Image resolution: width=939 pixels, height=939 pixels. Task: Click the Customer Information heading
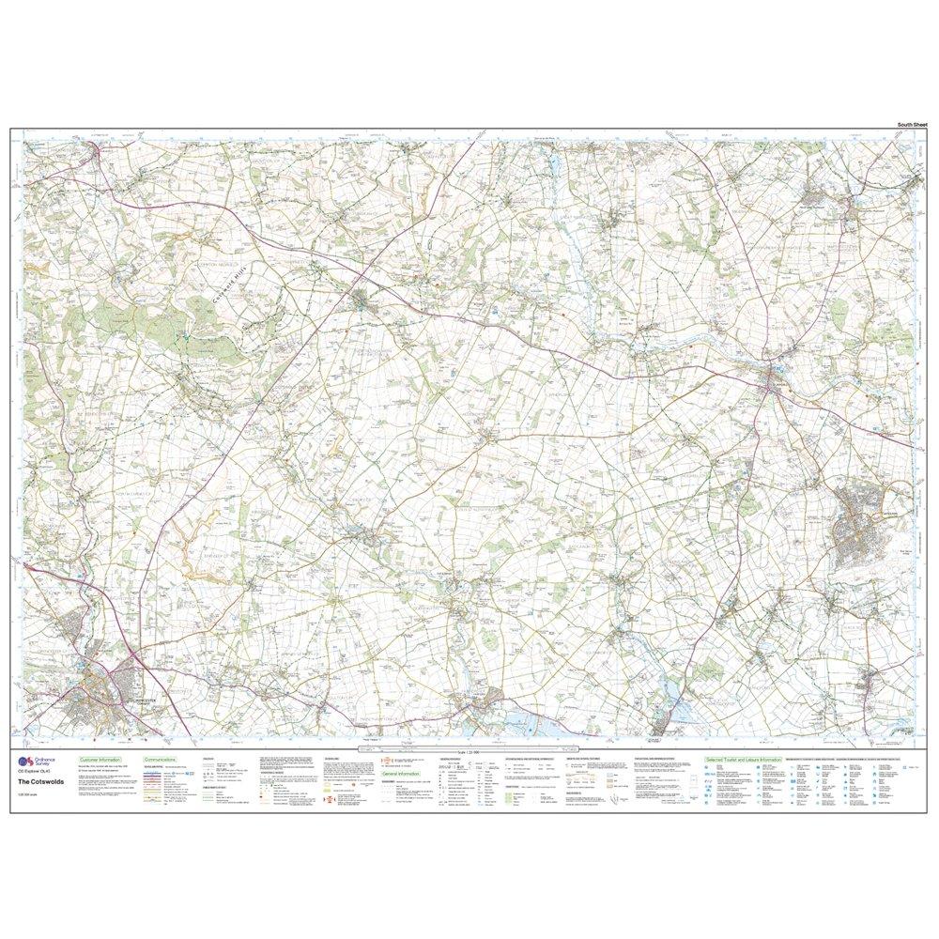105,758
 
